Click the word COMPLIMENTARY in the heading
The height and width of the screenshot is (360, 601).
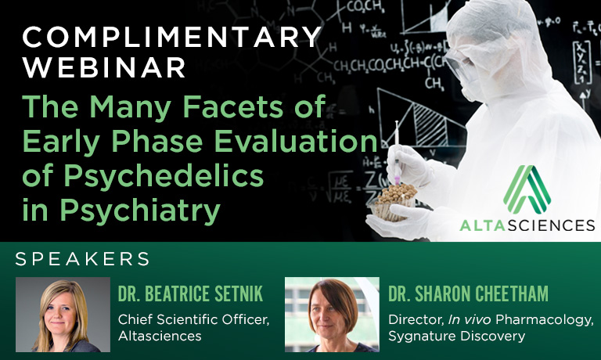pyautogui.click(x=171, y=37)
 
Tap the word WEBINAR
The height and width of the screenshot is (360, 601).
pyautogui.click(x=104, y=67)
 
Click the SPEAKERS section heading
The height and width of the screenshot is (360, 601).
pyautogui.click(x=82, y=259)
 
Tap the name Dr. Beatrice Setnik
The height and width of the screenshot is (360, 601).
pyautogui.click(x=190, y=293)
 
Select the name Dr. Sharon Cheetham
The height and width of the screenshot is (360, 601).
pyautogui.click(x=468, y=293)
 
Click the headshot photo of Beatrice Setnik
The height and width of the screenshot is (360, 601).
pyautogui.click(x=63, y=315)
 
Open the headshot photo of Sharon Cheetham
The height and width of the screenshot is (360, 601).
pyautogui.click(x=332, y=315)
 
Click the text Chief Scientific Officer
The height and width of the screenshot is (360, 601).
pyautogui.click(x=193, y=319)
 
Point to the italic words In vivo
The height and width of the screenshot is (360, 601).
pyautogui.click(x=470, y=319)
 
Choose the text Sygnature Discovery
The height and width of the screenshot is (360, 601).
pyautogui.click(x=456, y=337)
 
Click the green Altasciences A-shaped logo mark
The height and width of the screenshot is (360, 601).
pyautogui.click(x=527, y=189)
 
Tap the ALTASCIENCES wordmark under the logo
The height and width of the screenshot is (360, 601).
pyautogui.click(x=527, y=225)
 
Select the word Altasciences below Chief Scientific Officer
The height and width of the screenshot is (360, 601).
pyautogui.click(x=160, y=337)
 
